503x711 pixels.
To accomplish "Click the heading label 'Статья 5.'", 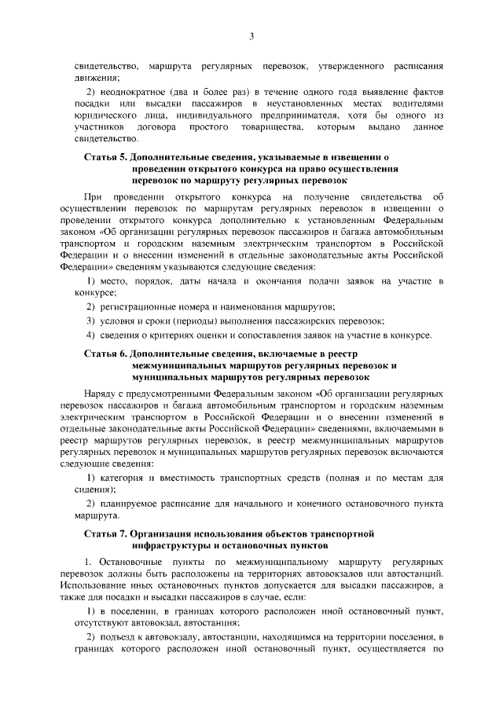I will click(106, 158).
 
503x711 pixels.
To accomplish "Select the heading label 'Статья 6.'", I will click(106, 354).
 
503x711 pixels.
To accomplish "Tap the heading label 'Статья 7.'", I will click(106, 533).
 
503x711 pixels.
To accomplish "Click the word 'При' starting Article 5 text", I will click(92, 196).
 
